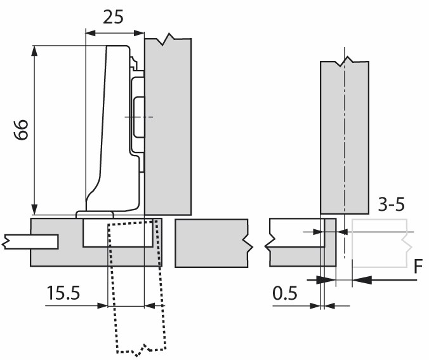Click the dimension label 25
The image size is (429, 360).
click(113, 17)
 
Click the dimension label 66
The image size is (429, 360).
click(21, 130)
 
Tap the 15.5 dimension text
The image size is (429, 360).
click(63, 293)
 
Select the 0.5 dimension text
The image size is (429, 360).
click(285, 293)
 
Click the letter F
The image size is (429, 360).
click(418, 267)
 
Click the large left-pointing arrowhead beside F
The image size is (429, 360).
click(362, 280)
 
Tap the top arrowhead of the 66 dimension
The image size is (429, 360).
click(34, 51)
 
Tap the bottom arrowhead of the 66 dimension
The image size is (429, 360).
click(34, 210)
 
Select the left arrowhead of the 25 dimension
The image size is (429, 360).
click(91, 33)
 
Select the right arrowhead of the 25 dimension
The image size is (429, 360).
click(139, 33)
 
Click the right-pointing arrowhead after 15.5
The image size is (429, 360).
click(103, 305)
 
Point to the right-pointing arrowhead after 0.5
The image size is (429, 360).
click(315, 305)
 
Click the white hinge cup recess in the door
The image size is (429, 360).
click(118, 233)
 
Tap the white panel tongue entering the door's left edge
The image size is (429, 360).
click(30, 242)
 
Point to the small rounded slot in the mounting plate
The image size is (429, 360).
click(139, 117)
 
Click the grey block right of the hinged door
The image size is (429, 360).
click(211, 243)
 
